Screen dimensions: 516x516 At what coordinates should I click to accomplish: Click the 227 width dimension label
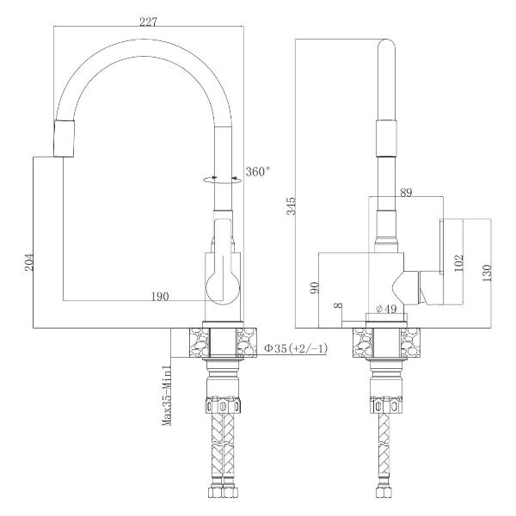tap(149, 21)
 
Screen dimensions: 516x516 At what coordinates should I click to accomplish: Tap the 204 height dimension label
tap(29, 262)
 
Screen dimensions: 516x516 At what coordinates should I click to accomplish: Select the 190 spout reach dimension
tap(160, 297)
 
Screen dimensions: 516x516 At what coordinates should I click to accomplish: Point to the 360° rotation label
tap(258, 171)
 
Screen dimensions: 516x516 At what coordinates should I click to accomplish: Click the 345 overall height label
tap(291, 206)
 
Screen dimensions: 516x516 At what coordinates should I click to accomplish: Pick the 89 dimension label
tap(406, 192)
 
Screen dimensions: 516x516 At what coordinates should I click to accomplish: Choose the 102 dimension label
tap(458, 263)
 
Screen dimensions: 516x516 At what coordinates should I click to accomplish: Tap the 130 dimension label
tap(487, 273)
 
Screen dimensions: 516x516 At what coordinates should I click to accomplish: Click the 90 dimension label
tap(314, 287)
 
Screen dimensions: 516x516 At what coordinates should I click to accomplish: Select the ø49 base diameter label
tap(386, 309)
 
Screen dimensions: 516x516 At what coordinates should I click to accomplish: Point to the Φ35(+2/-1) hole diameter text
tap(297, 348)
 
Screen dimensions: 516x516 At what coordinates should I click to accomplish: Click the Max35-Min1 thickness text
tap(167, 395)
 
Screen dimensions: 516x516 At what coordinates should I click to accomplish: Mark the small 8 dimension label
tap(338, 305)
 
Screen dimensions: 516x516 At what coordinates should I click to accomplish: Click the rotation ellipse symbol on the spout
tap(222, 180)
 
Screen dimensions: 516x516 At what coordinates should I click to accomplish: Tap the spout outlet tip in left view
tap(64, 138)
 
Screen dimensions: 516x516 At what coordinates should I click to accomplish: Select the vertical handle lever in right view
tap(442, 246)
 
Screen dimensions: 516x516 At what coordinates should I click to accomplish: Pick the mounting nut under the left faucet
tap(223, 405)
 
